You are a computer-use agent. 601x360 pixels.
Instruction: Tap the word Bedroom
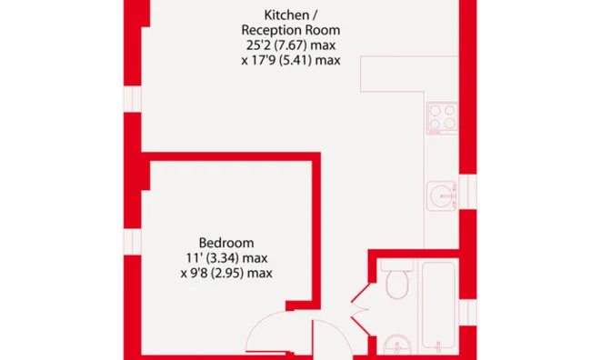click(x=226, y=243)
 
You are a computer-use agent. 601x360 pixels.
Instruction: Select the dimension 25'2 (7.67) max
click(x=291, y=45)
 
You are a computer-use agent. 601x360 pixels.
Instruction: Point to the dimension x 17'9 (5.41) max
click(x=291, y=60)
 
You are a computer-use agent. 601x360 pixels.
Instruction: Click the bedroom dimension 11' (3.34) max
click(x=226, y=258)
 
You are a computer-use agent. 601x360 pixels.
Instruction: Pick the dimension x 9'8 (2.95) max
click(x=226, y=274)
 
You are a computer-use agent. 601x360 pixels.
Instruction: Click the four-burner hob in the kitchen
click(x=442, y=118)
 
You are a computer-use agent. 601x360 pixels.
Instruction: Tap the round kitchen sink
click(x=442, y=195)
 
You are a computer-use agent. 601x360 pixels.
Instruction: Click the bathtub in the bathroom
click(x=439, y=305)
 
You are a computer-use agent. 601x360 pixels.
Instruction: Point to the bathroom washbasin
click(x=397, y=345)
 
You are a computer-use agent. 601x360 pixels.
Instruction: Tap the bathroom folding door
click(x=361, y=309)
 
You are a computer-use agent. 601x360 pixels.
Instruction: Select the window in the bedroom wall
click(x=133, y=242)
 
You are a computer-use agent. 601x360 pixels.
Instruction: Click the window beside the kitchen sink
click(x=468, y=192)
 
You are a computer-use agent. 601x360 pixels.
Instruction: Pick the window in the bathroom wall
click(x=468, y=313)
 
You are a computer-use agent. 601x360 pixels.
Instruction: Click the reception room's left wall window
click(x=133, y=99)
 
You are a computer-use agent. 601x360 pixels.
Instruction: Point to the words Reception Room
click(x=291, y=30)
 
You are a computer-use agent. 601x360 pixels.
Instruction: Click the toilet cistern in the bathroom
click(x=397, y=265)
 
